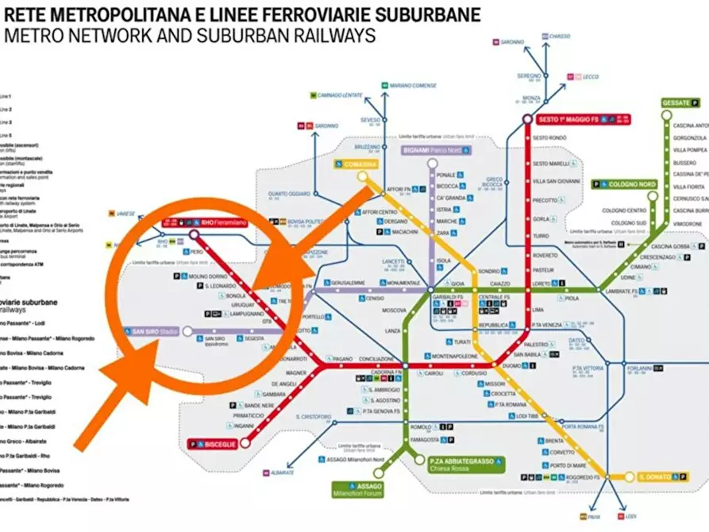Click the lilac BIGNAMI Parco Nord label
(433, 149)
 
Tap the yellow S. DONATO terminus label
(657, 477)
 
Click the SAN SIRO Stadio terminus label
(150, 330)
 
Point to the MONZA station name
(531, 98)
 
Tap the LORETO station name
(541, 283)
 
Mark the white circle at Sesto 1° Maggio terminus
(527, 119)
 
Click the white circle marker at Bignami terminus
(432, 164)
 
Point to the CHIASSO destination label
(560, 36)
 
